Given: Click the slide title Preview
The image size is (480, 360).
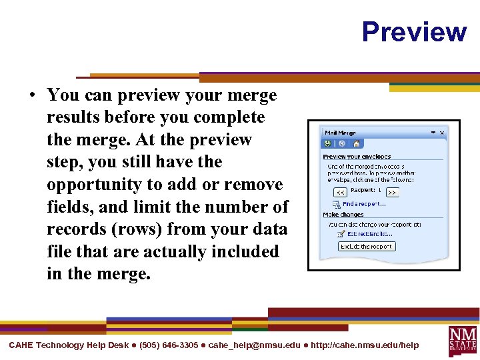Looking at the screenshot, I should [414, 31].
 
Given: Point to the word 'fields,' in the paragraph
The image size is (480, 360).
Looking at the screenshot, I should [71, 207].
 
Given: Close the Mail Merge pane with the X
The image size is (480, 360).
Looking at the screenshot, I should [441, 133].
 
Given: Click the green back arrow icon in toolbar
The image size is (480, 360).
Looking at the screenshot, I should [328, 143].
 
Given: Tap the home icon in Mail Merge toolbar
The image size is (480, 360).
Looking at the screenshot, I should [356, 143].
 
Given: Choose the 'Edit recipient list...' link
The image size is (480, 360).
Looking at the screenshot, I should [369, 234].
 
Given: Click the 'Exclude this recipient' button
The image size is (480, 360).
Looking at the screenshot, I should [367, 247].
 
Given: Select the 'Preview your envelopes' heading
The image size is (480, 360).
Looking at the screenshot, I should [357, 157].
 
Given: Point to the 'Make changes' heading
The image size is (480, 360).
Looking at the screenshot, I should [343, 215].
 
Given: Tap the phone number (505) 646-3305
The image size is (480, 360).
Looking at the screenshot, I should [169, 345].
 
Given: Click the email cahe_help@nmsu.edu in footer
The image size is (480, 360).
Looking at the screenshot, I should [254, 345].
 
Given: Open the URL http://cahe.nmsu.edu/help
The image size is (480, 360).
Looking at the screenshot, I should [365, 345].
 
